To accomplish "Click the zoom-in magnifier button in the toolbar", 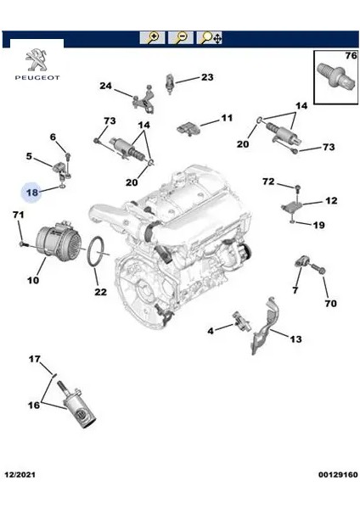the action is (152, 37).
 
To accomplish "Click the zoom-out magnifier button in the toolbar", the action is (181, 37).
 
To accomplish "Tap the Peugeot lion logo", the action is (37, 60).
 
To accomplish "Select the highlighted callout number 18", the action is (32, 193).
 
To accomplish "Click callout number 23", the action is (207, 77).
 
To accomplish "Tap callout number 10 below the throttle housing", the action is (33, 280).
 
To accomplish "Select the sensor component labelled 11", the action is (188, 129).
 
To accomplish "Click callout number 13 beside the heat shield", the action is (295, 339).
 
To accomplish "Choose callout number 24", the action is (105, 86).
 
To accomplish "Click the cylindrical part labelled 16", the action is (78, 406).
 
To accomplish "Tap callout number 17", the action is (35, 360).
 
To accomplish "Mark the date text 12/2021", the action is (20, 474).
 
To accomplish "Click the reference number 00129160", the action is (338, 474).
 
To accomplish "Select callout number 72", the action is (268, 182).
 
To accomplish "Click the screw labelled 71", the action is (24, 243).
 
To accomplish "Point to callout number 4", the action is (211, 331).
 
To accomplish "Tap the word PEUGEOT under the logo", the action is (37, 77).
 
